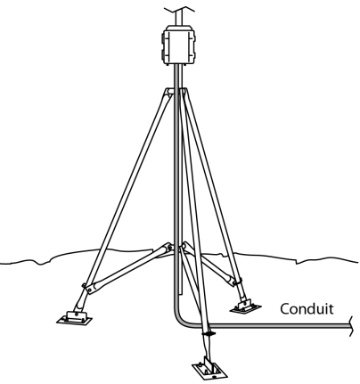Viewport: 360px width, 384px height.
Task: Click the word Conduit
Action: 307,309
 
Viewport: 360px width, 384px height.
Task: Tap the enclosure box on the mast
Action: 179,45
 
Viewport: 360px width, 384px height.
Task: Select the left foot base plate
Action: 74,318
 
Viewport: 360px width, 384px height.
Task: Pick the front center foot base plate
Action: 210,369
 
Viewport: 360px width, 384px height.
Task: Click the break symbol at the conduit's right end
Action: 351,326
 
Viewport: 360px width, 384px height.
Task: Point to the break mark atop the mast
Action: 179,9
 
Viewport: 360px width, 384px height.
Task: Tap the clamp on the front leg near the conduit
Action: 209,334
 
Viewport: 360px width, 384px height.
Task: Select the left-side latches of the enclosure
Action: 163,45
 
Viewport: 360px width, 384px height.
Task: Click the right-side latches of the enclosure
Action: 195,45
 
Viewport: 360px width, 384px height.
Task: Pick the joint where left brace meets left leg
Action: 87,288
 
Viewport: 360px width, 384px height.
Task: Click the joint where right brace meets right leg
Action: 238,282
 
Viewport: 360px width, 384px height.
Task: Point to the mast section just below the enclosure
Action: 177,77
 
